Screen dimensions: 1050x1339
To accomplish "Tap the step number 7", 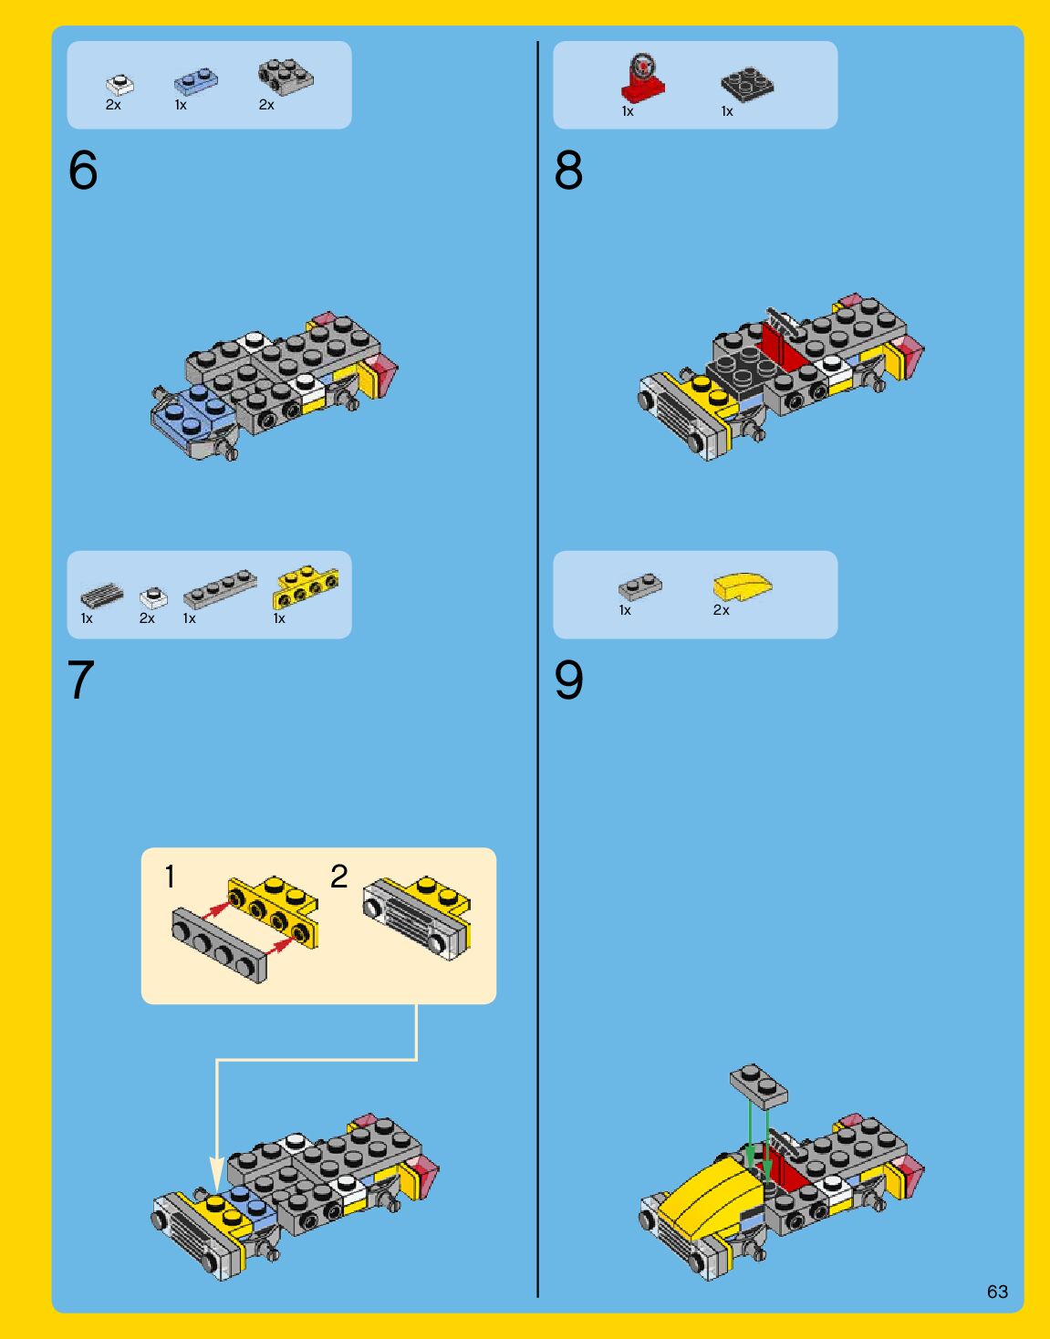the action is (81, 680).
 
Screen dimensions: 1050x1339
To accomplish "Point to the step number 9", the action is (568, 680).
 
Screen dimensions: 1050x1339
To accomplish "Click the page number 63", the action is (998, 1292).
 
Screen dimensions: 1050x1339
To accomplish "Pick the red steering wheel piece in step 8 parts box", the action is (642, 78).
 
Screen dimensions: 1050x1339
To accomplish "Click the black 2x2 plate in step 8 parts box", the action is (747, 80).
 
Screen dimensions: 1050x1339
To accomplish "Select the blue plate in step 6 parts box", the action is (196, 82).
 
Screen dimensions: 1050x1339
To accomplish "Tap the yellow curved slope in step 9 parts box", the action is (743, 586).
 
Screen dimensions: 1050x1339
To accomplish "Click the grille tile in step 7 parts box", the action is (101, 596).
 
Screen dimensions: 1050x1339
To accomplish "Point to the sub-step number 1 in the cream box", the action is (170, 877).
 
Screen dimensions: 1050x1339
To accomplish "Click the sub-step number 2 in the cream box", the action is (339, 877).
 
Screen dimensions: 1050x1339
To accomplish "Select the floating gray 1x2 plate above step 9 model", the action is (759, 1085).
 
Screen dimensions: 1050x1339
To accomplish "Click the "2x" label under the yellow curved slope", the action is (721, 610).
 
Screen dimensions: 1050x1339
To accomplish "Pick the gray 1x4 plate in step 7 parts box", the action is (220, 587).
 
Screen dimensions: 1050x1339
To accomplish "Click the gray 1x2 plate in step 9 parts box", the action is (640, 586).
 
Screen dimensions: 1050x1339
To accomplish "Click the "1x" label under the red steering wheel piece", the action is (628, 111).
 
